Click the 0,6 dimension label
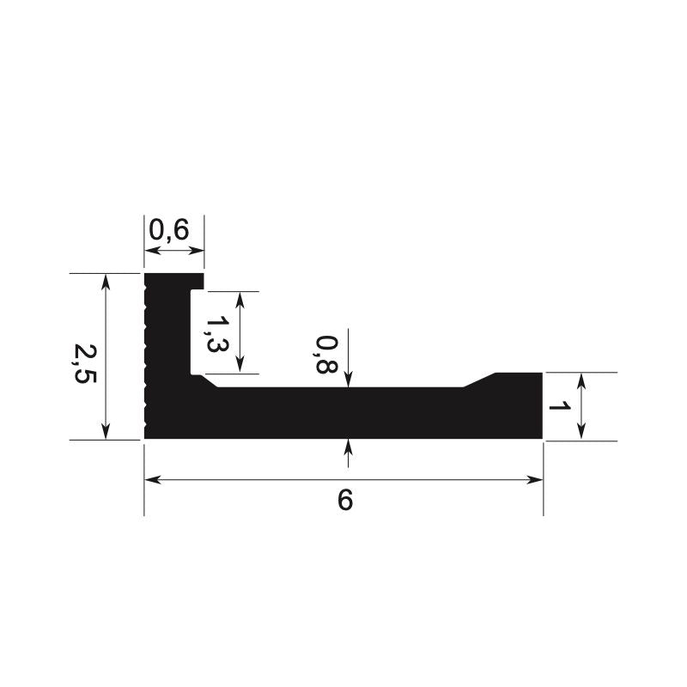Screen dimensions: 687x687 (x=169, y=230)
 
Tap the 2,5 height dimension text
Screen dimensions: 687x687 (x=85, y=364)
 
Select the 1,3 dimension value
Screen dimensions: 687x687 (x=217, y=335)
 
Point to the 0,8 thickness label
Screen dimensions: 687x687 (x=326, y=355)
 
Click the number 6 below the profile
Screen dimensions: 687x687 (x=345, y=500)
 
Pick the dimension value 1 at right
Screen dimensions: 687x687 (x=560, y=406)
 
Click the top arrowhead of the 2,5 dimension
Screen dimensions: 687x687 (x=106, y=282)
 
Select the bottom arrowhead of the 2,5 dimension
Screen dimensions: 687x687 (x=106, y=431)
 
